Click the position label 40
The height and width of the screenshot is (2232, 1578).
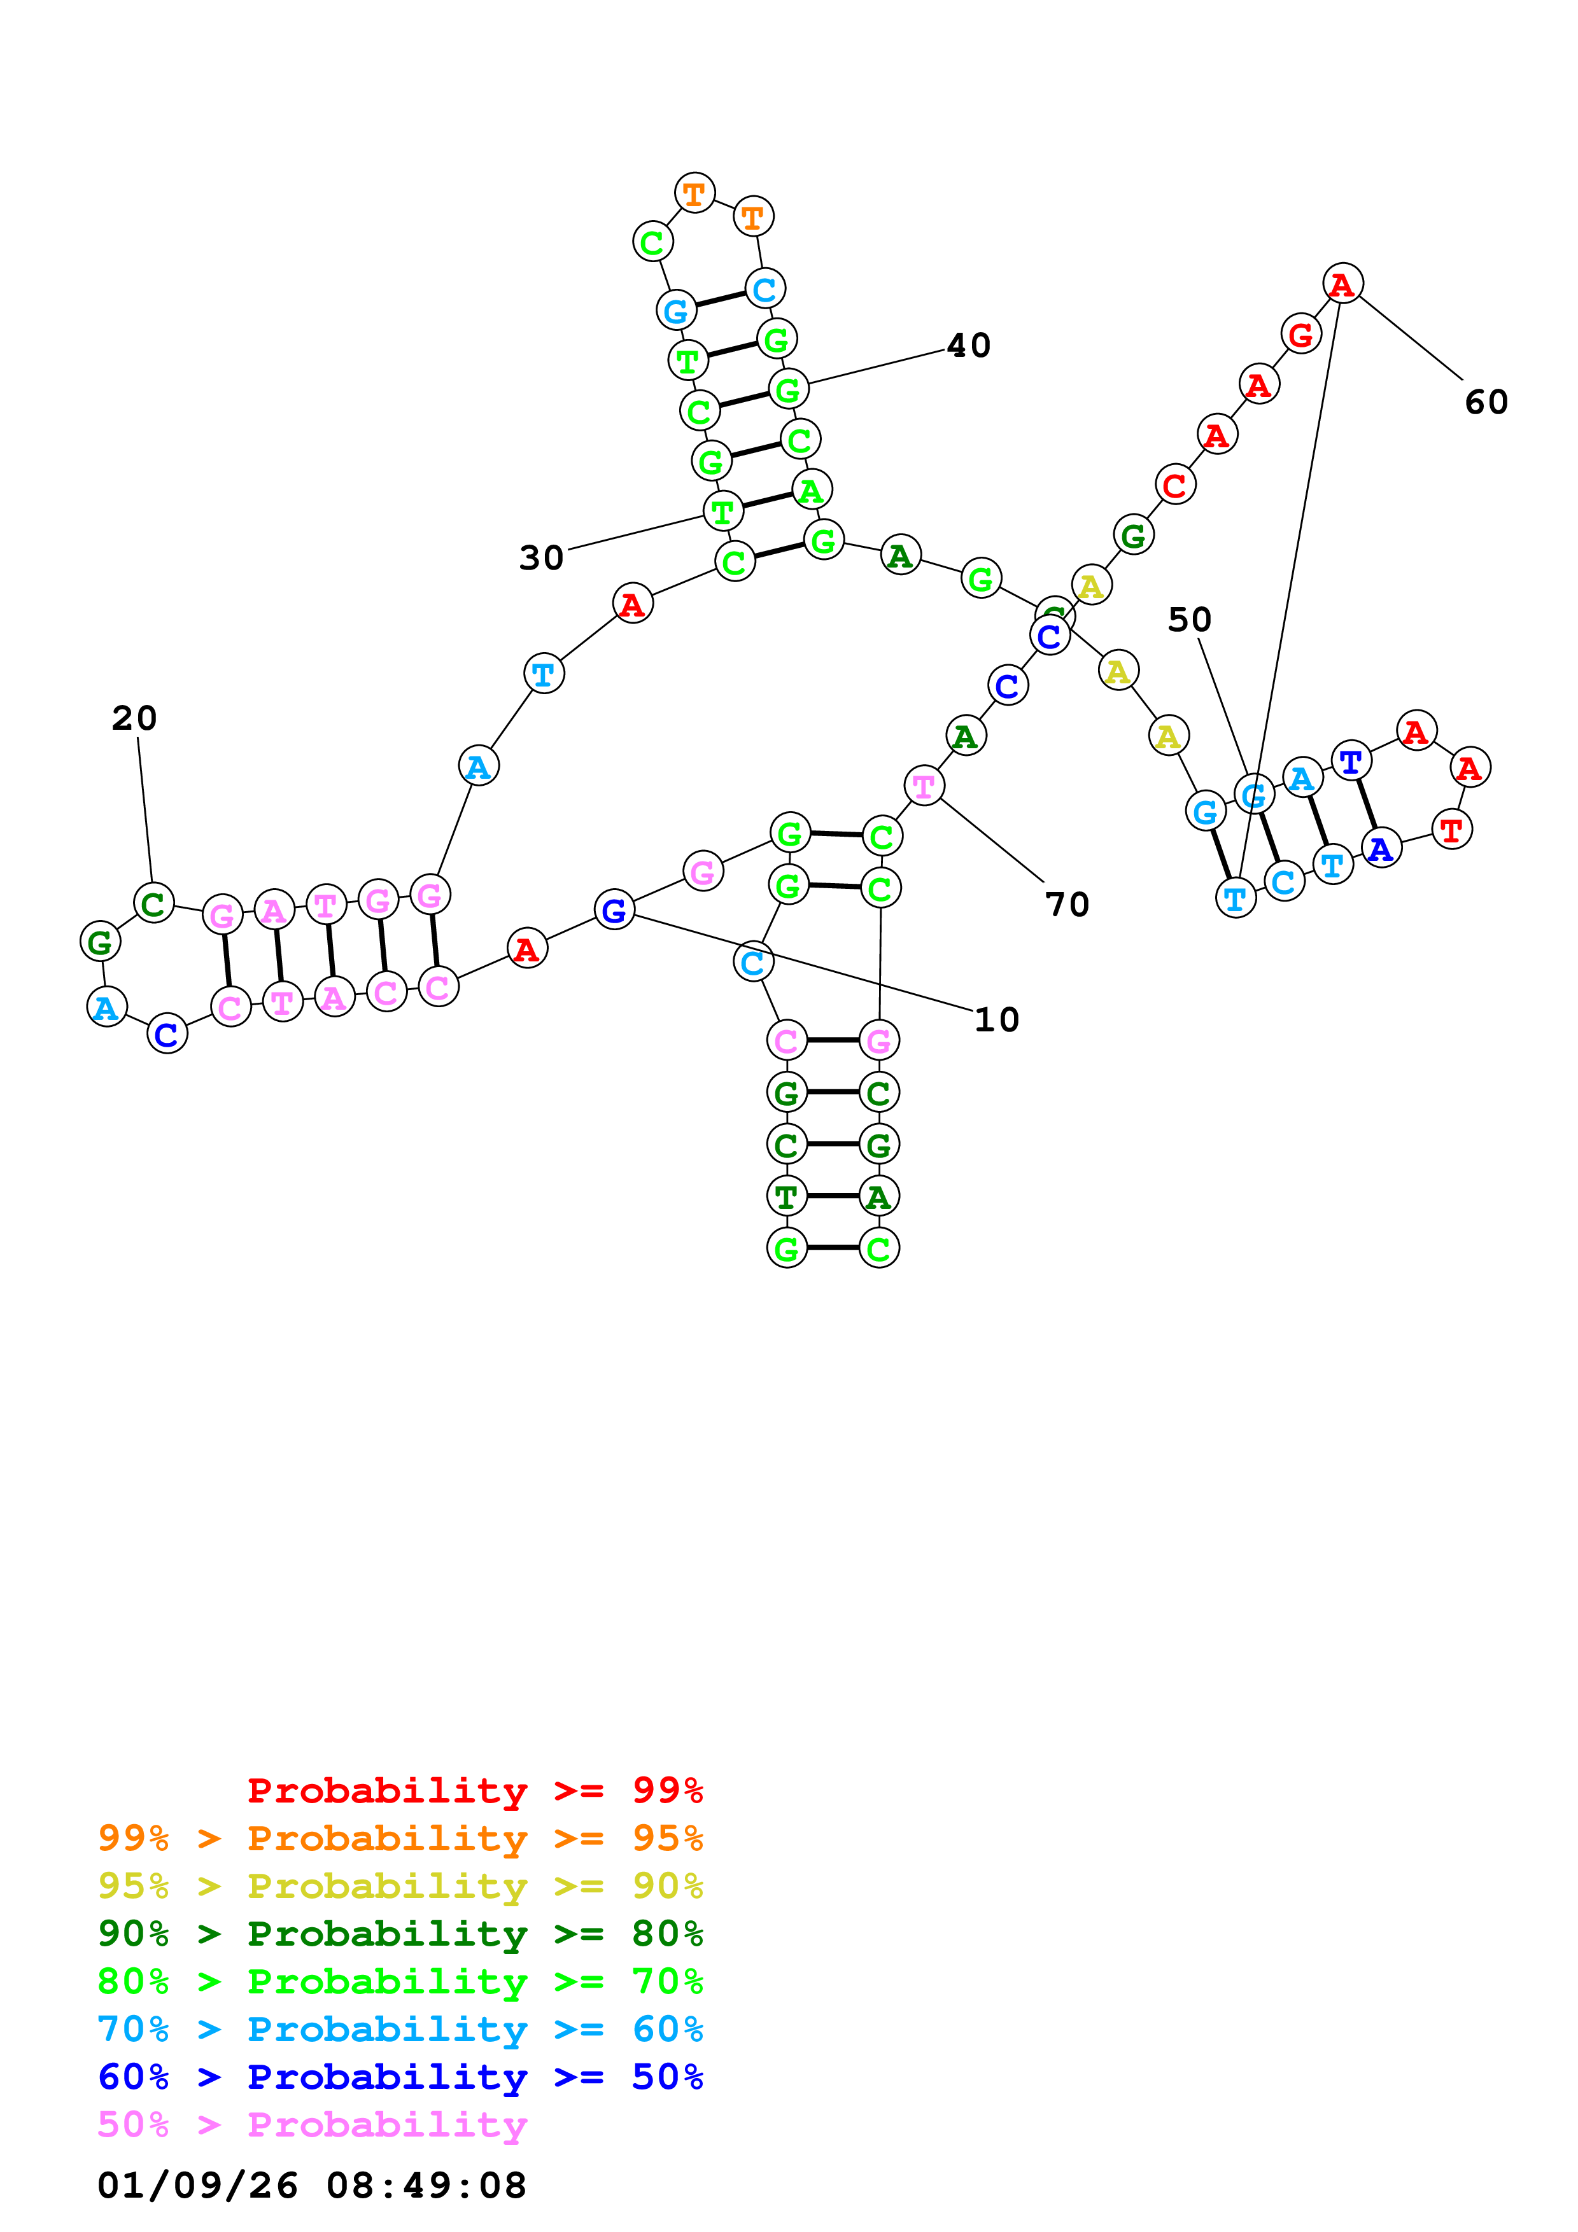968,346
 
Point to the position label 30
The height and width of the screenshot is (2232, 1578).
540,558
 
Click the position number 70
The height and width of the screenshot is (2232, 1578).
1067,905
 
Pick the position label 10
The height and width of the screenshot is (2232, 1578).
997,1020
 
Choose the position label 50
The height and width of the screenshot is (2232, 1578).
1188,620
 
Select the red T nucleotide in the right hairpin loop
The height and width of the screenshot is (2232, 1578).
1451,830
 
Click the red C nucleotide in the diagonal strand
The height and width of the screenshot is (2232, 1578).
1174,484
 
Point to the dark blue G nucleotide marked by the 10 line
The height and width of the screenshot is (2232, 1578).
614,911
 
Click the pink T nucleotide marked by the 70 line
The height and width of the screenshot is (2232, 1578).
923,786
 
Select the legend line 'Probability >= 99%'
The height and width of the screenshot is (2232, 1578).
474,1790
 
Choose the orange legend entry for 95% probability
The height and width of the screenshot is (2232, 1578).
400,1838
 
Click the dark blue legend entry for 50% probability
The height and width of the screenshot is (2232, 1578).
400,2077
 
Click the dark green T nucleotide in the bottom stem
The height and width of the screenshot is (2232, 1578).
787,1197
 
